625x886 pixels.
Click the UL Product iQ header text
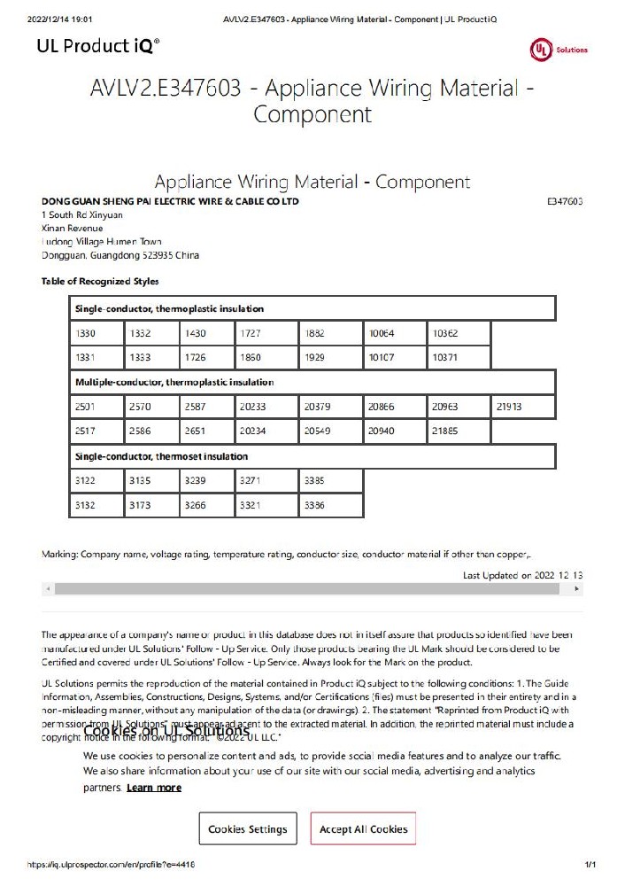tap(98, 45)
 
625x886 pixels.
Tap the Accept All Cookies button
tap(363, 829)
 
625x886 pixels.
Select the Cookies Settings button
tap(248, 829)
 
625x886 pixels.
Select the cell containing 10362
tap(458, 333)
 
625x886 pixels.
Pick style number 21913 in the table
tap(523, 407)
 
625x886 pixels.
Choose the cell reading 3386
tap(330, 505)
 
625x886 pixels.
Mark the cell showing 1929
tap(330, 358)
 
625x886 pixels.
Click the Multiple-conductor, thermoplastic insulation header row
tap(312, 382)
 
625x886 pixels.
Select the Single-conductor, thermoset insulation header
tap(312, 456)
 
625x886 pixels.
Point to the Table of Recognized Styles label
tap(100, 282)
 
